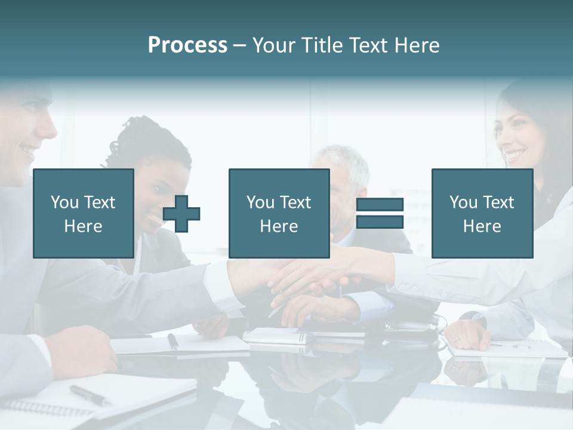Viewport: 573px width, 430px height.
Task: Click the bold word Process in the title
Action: click(187, 45)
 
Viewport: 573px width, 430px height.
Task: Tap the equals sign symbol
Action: click(380, 213)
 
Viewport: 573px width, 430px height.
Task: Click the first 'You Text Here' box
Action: click(84, 213)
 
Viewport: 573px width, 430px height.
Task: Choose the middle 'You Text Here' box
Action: click(279, 213)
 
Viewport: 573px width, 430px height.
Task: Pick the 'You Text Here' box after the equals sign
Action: click(482, 213)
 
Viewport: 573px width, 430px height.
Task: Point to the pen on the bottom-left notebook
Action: click(90, 395)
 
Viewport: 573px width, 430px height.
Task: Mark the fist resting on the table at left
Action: click(84, 352)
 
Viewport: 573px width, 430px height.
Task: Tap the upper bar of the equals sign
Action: click(380, 205)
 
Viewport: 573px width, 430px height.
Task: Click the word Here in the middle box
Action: click(279, 226)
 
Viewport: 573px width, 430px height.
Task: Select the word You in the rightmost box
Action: click(463, 202)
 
